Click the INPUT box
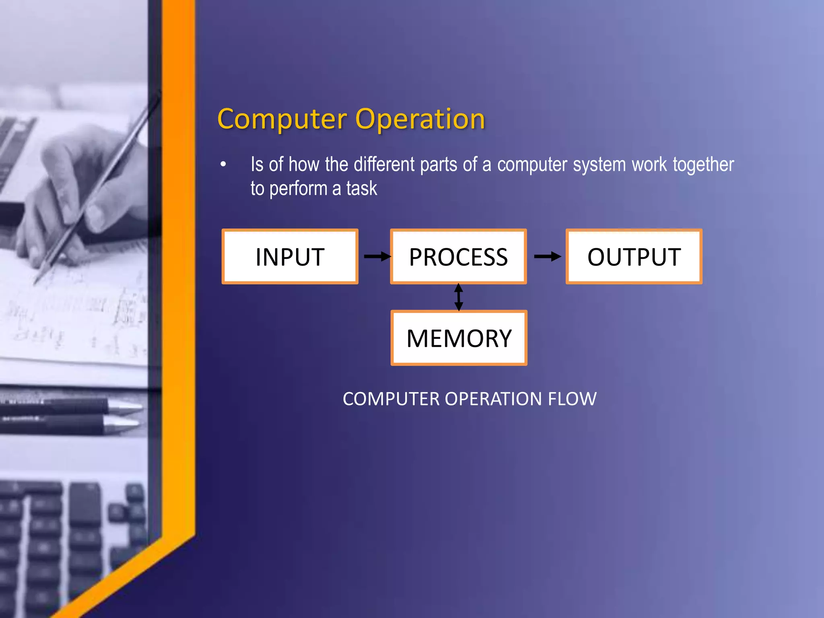290,257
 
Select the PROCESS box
458,257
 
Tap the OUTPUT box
634,257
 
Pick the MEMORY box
459,338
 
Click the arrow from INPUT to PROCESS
377,256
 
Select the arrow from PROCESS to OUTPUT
547,256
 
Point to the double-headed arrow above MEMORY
458,297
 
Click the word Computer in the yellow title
282,119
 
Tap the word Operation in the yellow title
420,119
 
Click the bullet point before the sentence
223,165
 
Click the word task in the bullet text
362,189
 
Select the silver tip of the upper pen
129,407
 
